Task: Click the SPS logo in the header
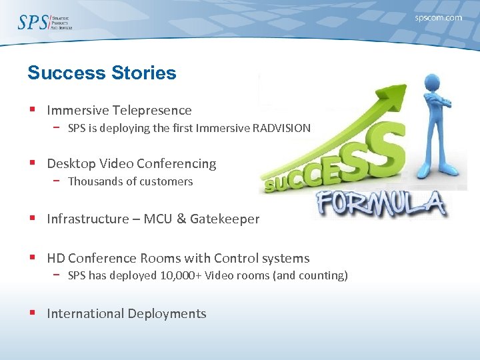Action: tap(44, 22)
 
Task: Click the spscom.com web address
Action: tap(438, 18)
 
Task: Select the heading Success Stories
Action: tap(101, 73)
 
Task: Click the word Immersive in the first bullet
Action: tap(78, 110)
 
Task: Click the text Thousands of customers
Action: tap(130, 181)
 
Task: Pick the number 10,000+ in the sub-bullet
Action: tap(183, 275)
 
